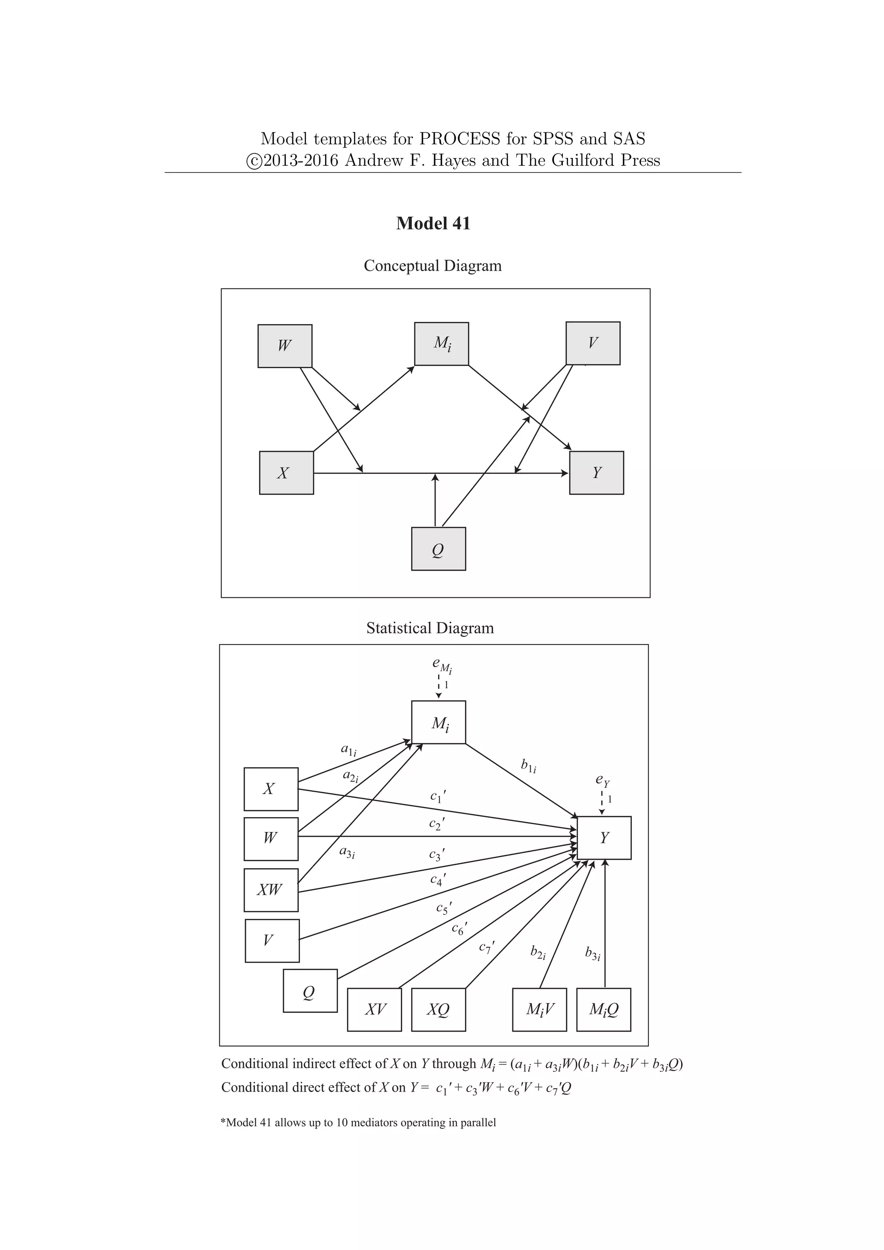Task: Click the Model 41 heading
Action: pyautogui.click(x=433, y=223)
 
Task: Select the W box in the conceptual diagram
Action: pyautogui.click(x=285, y=346)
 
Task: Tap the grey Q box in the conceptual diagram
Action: pyautogui.click(x=438, y=549)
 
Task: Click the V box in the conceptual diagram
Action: pyautogui.click(x=593, y=343)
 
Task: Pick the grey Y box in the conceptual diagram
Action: pyautogui.click(x=597, y=473)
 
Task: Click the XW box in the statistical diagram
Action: pyautogui.click(x=271, y=890)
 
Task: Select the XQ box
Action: pyautogui.click(x=438, y=1010)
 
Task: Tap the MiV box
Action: pyautogui.click(x=540, y=1010)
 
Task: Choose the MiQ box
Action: pyautogui.click(x=604, y=1010)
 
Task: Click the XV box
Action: pyautogui.click(x=375, y=1010)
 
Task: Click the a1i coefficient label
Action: pyautogui.click(x=348, y=750)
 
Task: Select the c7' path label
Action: pyautogui.click(x=486, y=947)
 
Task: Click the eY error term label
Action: pyautogui.click(x=603, y=781)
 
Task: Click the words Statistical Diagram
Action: pyautogui.click(x=430, y=628)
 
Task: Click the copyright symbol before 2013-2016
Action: pyautogui.click(x=254, y=161)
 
